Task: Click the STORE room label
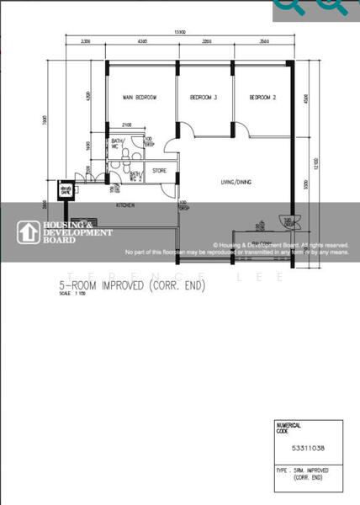pos(159,171)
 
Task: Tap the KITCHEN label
pos(126,205)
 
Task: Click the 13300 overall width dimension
pos(179,32)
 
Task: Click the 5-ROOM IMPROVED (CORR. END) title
pos(131,285)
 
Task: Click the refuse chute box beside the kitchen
pos(65,189)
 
